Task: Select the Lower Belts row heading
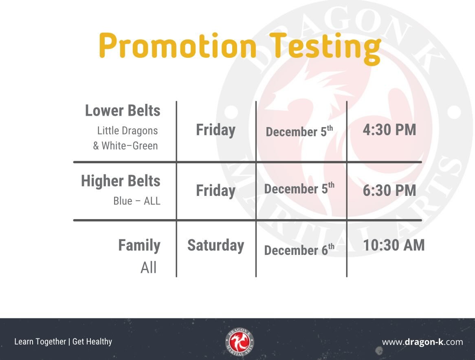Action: coord(123,111)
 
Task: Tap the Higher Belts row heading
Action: coord(121,181)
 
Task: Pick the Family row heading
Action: coord(139,246)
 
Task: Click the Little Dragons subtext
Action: coord(127,131)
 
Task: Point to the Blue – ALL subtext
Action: coord(136,201)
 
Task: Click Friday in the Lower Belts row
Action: coord(216,130)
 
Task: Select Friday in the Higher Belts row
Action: coord(216,191)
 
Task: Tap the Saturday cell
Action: coord(216,246)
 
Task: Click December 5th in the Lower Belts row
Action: coord(299,132)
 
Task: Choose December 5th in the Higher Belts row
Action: coord(299,189)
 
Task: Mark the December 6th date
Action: coord(299,250)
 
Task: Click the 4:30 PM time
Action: coord(389,130)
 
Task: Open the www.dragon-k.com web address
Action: coord(422,342)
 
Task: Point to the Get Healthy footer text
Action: coord(92,342)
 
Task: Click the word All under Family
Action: coord(149,268)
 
